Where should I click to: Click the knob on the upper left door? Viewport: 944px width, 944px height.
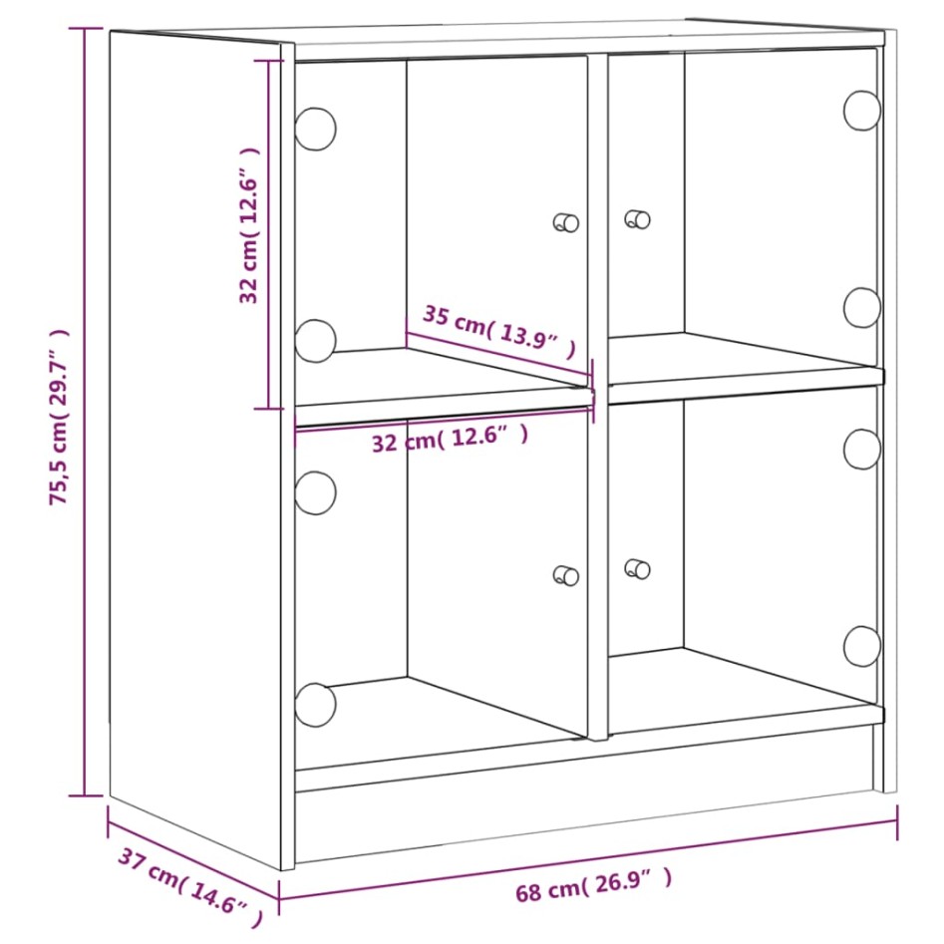point(566,222)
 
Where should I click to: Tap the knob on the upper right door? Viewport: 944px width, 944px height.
point(636,219)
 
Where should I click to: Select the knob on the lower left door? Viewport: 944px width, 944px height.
point(566,574)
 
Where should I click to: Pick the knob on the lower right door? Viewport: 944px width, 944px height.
point(636,569)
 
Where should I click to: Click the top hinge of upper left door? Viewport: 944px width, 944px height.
point(315,129)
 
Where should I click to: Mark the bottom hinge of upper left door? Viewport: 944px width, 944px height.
point(315,340)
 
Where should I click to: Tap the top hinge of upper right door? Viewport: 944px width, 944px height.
point(862,110)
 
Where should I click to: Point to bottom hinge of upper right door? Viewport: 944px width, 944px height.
point(862,308)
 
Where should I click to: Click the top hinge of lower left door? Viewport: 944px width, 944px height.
point(315,492)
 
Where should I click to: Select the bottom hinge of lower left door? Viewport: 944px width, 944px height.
point(315,705)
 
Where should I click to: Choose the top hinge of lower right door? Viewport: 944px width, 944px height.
point(862,449)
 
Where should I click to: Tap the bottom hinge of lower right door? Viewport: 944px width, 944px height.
point(862,646)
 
